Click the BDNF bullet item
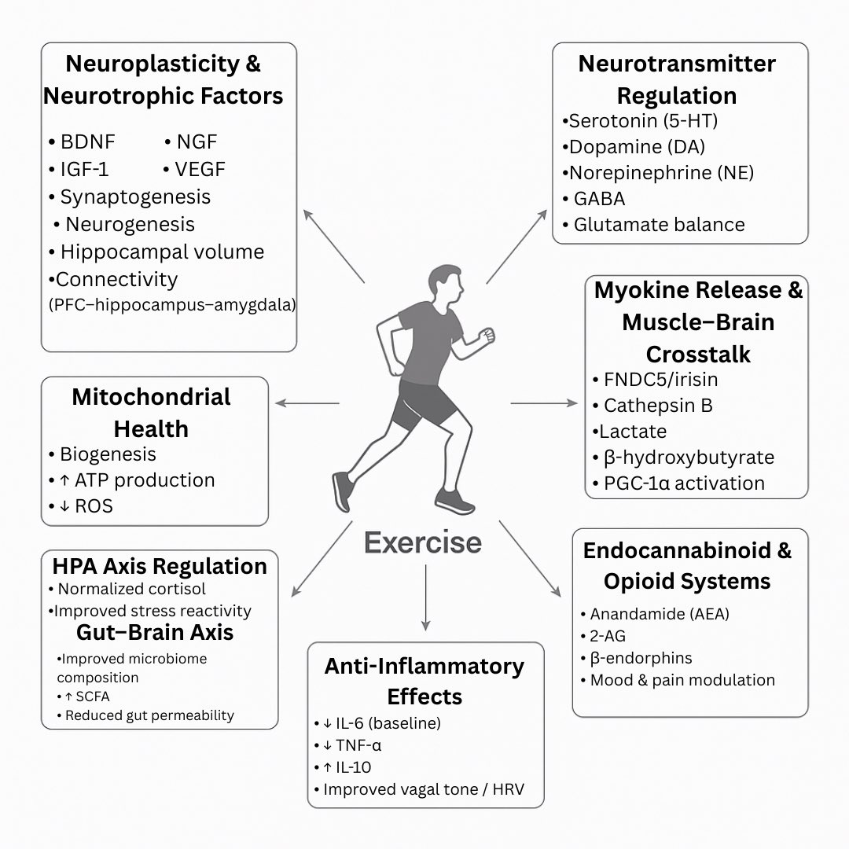(x=86, y=142)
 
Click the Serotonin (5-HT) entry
(x=641, y=122)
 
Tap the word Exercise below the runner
(x=422, y=542)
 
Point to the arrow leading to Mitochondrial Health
(x=307, y=404)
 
